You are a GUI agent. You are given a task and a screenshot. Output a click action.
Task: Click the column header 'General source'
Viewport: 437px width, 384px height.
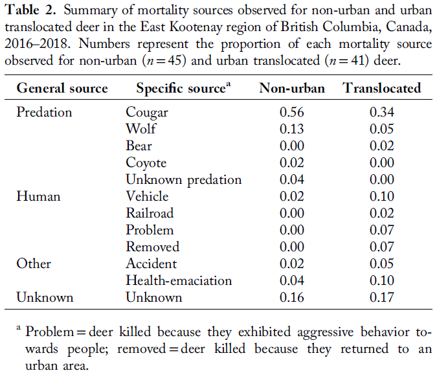click(62, 88)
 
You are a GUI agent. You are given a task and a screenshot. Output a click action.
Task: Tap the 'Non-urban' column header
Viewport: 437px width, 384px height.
click(291, 88)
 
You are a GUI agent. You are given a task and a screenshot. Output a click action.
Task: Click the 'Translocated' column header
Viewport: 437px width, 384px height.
click(381, 88)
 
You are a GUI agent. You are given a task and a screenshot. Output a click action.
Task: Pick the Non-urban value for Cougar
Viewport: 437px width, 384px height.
click(291, 112)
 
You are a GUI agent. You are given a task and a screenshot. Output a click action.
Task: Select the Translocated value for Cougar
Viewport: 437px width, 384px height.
click(381, 112)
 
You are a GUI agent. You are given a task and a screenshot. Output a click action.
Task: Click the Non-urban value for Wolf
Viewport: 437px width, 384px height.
click(291, 129)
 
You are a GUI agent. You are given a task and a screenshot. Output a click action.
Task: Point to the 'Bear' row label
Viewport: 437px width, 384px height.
click(139, 146)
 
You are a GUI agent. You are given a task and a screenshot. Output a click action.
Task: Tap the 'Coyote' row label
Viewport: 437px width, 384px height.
click(146, 163)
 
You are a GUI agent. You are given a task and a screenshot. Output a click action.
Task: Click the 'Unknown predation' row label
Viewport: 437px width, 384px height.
click(184, 179)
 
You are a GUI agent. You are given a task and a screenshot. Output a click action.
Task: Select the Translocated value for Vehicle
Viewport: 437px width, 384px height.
click(381, 196)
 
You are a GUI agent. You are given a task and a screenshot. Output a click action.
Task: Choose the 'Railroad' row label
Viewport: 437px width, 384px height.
click(150, 213)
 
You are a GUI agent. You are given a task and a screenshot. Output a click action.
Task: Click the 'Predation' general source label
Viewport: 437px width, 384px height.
click(44, 112)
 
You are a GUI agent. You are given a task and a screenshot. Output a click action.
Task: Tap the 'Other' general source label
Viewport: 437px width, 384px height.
click(34, 264)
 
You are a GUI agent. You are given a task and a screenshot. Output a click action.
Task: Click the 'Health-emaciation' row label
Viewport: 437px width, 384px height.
click(179, 280)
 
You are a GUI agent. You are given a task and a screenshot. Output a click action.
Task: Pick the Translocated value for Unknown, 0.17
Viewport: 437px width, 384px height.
click(381, 297)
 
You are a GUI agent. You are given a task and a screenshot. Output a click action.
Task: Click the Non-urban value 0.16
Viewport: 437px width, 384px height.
click(291, 297)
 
